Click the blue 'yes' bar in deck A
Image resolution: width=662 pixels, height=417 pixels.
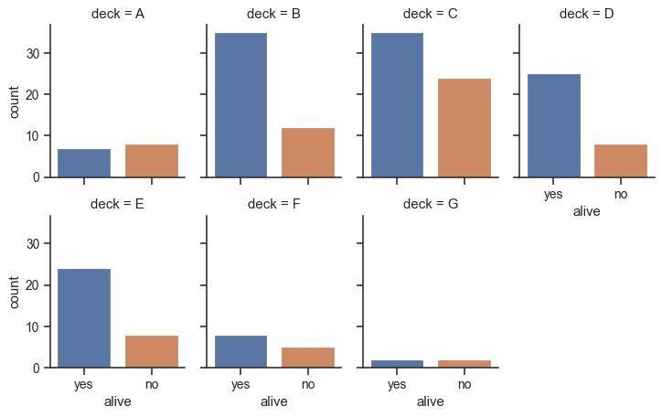click(x=84, y=163)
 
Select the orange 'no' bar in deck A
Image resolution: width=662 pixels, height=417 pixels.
click(x=152, y=161)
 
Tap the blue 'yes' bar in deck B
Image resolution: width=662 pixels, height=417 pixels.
click(x=240, y=105)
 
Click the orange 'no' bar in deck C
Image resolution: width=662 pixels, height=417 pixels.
click(x=464, y=128)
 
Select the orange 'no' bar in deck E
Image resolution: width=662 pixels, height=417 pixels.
click(x=152, y=352)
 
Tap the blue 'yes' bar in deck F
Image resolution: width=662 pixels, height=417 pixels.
click(x=240, y=352)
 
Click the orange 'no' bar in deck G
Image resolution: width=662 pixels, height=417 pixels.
click(x=464, y=364)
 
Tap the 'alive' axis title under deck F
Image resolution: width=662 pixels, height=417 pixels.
click(x=274, y=401)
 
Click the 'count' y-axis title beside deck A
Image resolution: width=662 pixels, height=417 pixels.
click(x=16, y=101)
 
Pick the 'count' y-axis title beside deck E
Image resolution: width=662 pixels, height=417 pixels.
click(x=16, y=292)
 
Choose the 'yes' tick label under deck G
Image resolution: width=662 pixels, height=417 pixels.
click(x=397, y=385)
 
